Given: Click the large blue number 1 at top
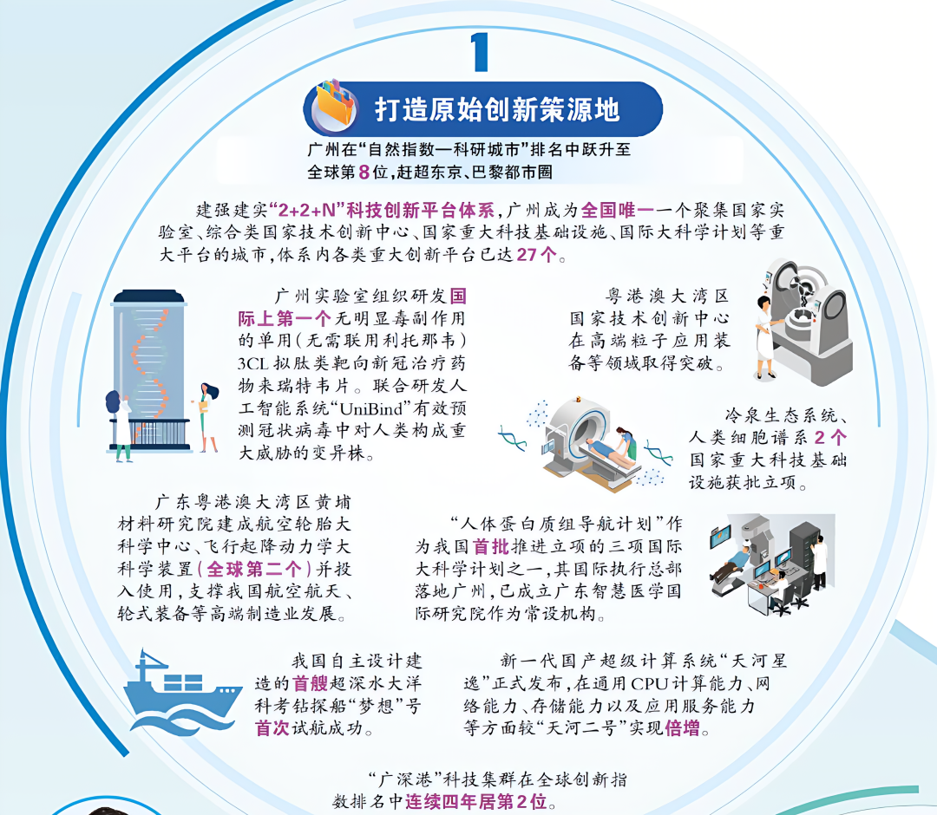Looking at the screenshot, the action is (x=479, y=52).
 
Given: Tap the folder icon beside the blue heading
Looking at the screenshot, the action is (x=335, y=107).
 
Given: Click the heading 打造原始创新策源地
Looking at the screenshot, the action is (x=497, y=110).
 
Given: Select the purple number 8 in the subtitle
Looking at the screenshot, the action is (x=364, y=173).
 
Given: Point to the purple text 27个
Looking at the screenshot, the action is (x=537, y=255).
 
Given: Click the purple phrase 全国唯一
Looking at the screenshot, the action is (x=618, y=210).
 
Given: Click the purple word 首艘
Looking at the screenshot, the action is (x=310, y=683).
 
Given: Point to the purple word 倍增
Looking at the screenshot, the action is (x=682, y=728).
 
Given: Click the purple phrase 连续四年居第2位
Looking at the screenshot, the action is (x=476, y=801).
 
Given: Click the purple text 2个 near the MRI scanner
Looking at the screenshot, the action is (x=830, y=438).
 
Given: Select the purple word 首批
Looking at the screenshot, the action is (x=490, y=546).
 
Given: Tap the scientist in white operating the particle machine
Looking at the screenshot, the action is (x=765, y=337).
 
